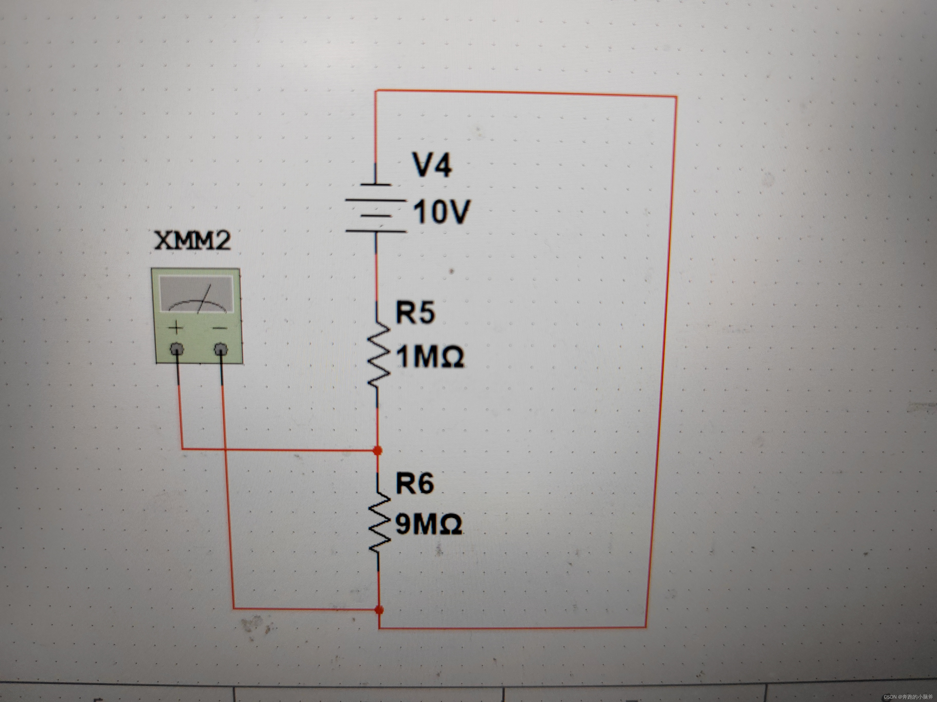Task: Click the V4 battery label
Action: click(432, 165)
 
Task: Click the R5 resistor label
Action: click(415, 313)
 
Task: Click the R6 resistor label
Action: click(415, 483)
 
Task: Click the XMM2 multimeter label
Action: click(193, 241)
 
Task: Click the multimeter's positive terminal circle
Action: click(177, 349)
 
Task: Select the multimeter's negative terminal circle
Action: click(221, 349)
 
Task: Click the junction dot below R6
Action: click(380, 610)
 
